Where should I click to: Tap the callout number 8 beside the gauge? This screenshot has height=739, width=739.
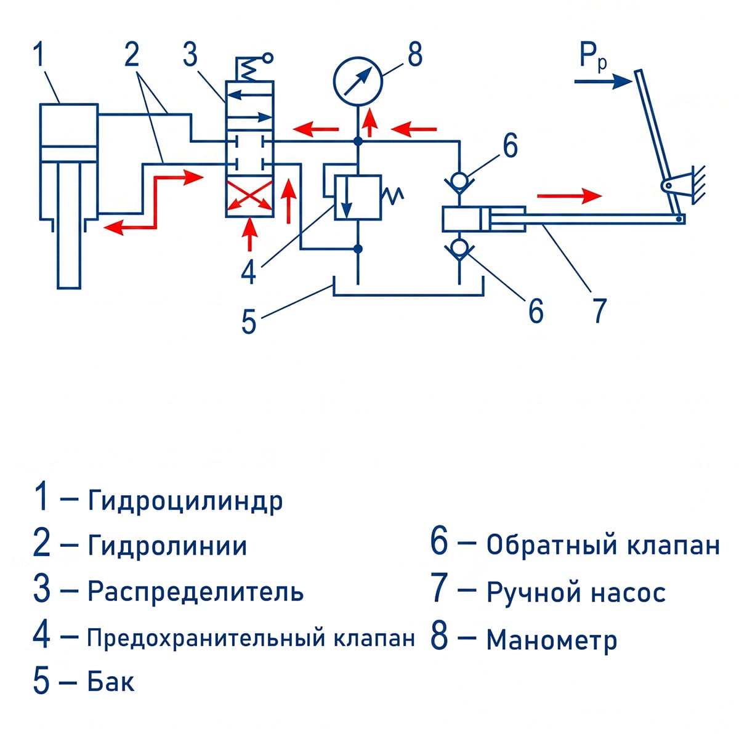(x=415, y=54)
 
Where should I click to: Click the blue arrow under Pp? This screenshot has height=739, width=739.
(x=603, y=81)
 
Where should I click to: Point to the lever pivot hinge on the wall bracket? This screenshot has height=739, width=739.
(x=668, y=185)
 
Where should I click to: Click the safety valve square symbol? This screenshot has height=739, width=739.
(x=357, y=197)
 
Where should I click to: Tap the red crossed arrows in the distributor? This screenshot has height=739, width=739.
(x=249, y=196)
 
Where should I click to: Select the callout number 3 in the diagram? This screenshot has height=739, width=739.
(x=190, y=54)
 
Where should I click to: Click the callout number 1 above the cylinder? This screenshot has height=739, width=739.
(x=39, y=54)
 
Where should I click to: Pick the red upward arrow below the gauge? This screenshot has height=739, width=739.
(x=369, y=121)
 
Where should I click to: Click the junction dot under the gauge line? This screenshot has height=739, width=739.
(x=358, y=142)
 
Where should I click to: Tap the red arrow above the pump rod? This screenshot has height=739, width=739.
(x=569, y=196)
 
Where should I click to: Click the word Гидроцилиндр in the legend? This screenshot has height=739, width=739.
(x=185, y=501)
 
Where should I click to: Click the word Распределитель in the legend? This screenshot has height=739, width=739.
(x=196, y=591)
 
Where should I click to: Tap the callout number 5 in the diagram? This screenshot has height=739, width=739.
(x=249, y=321)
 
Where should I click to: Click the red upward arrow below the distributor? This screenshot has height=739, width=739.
(x=249, y=234)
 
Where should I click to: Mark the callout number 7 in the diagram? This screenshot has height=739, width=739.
(x=600, y=310)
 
